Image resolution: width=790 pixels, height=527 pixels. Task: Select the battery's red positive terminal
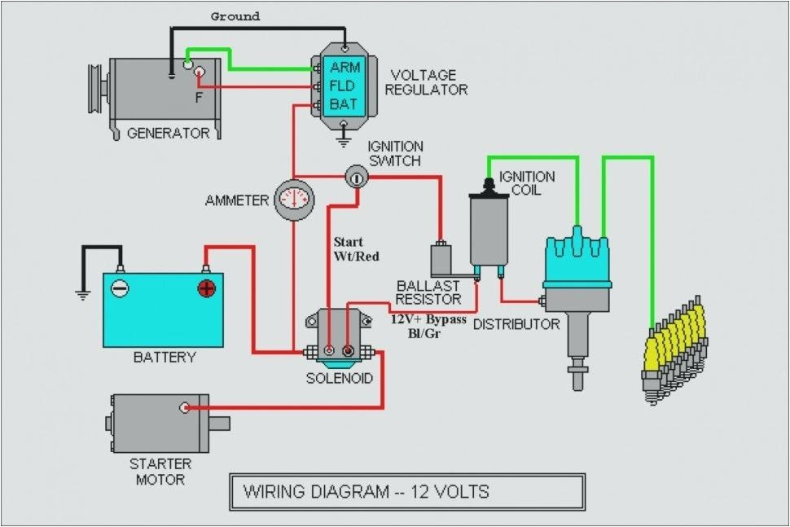point(206,288)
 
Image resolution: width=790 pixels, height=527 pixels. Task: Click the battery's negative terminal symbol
point(120,288)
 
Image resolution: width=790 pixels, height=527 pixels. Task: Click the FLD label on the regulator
point(342,86)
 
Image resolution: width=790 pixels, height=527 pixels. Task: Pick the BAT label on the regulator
point(342,104)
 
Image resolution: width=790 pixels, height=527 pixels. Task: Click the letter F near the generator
point(197,96)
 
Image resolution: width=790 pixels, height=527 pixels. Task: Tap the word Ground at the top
point(235,15)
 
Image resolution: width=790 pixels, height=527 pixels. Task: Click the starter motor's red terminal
point(186,406)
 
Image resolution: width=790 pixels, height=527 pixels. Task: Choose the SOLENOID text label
point(340,379)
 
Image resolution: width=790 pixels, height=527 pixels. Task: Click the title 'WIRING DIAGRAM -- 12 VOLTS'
point(366,492)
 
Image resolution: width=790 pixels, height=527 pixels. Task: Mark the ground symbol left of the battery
point(81,295)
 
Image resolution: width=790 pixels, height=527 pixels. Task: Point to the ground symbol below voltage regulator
point(345,141)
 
